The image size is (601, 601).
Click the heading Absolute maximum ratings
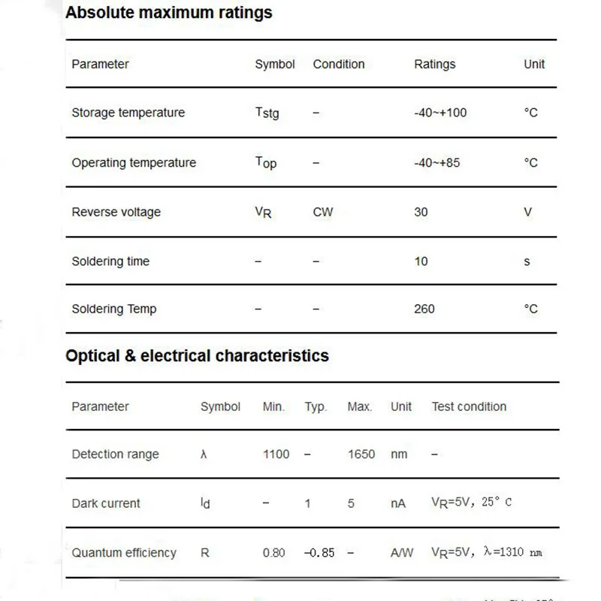point(168,13)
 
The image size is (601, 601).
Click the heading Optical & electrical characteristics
point(197,355)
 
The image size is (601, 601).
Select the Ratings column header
point(434,65)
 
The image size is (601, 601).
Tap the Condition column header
point(338,65)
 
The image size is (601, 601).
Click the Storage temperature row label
point(128,113)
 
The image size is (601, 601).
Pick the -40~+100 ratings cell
point(439,113)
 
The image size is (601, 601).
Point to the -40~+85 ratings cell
point(436,162)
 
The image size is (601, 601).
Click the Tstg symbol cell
point(267,113)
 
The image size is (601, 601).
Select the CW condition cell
point(322,212)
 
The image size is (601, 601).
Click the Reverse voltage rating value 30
point(421,212)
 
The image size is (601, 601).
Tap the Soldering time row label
point(110,261)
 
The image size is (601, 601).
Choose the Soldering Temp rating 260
point(424,309)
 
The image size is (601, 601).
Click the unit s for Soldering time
point(527,261)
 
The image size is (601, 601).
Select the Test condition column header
point(469,406)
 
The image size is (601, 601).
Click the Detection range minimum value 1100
point(276,454)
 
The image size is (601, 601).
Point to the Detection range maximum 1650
point(361,454)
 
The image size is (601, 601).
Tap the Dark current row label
point(106,503)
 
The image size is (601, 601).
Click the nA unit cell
point(398,503)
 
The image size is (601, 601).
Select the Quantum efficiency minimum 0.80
point(273,553)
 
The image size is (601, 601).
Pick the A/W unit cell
point(402,553)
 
